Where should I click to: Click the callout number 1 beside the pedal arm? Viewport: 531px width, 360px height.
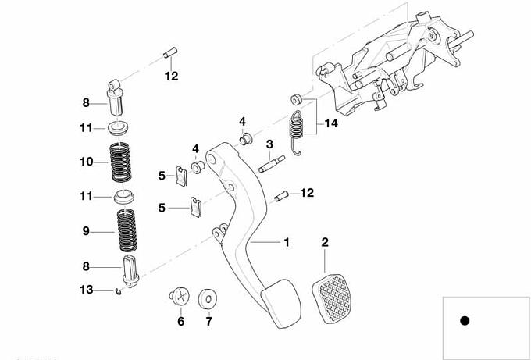(x=287, y=242)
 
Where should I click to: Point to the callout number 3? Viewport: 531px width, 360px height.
(x=268, y=144)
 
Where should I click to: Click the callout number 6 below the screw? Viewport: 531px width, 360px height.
(x=180, y=321)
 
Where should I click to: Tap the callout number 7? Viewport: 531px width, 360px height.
(x=208, y=321)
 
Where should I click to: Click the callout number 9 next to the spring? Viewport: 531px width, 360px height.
(x=87, y=231)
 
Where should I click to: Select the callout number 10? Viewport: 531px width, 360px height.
(x=87, y=162)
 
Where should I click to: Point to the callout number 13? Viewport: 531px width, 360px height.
(x=87, y=290)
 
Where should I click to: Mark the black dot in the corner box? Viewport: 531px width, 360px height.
(x=465, y=320)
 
